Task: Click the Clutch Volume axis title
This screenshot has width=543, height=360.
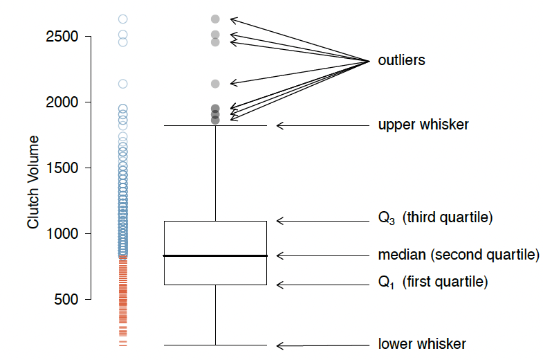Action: pos(33,182)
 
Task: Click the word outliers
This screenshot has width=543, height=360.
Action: pos(401,61)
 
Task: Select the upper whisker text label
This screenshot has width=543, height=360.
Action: pos(423,125)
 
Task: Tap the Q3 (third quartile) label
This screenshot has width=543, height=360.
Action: pos(434,218)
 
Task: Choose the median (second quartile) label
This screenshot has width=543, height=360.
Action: pos(458,255)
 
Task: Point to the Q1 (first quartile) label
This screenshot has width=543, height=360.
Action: pos(432,282)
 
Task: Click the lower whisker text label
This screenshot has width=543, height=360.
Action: pos(422,344)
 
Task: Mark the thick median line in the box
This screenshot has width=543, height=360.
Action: pos(214,255)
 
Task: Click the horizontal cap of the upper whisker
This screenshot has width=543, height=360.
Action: pos(214,126)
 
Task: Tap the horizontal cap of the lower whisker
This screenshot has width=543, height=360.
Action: pos(214,345)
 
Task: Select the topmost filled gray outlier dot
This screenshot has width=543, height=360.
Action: pos(215,19)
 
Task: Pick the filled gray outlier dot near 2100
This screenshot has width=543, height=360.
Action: pos(215,84)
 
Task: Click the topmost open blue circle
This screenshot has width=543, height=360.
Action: pos(122,19)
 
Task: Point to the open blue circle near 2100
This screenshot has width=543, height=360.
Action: pos(122,84)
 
